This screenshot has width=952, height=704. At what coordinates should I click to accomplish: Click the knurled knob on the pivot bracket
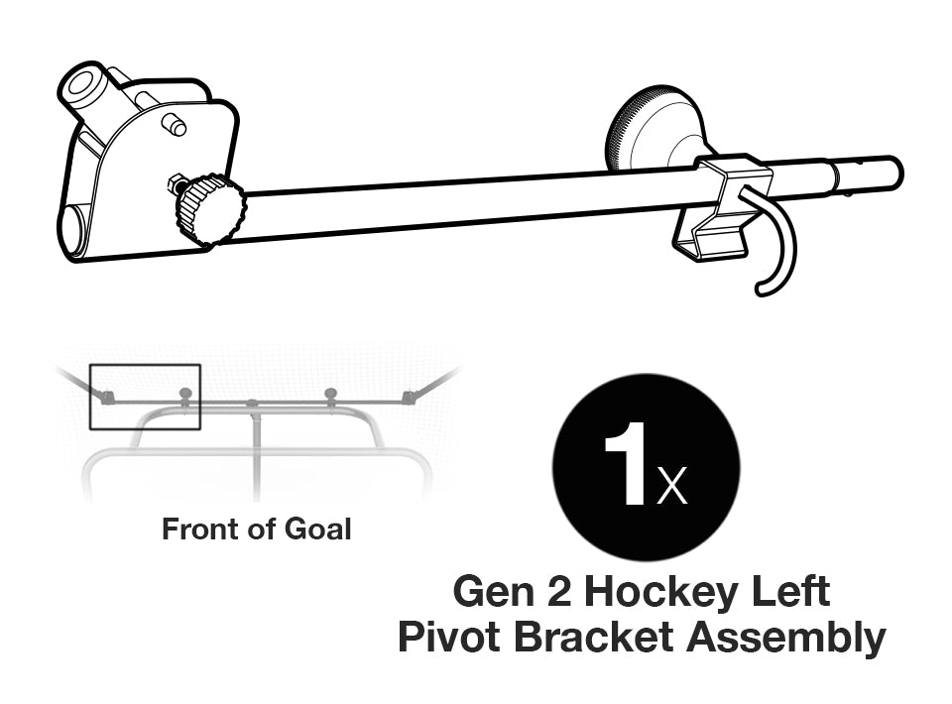click(210, 209)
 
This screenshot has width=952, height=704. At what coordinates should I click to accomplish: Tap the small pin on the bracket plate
click(176, 126)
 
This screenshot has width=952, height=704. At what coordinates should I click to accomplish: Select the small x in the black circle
click(671, 487)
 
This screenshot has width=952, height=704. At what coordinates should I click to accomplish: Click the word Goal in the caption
click(319, 529)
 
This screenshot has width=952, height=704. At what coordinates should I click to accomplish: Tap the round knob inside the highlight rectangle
click(184, 394)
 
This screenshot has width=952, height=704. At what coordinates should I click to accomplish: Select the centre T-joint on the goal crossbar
click(253, 405)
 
